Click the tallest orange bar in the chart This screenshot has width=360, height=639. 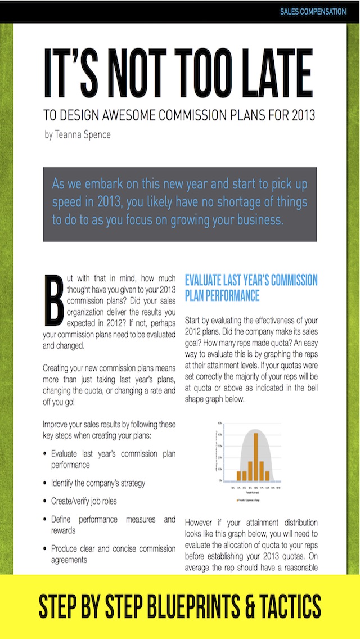pyautogui.click(x=255, y=456)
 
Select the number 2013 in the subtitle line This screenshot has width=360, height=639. pyautogui.click(x=303, y=116)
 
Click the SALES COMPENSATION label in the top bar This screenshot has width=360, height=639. pyautogui.click(x=313, y=11)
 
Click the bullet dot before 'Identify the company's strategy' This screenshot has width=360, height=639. pyautogui.click(x=45, y=483)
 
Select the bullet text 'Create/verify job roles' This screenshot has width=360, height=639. pyautogui.click(x=84, y=501)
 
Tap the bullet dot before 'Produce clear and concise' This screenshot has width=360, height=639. pyautogui.click(x=45, y=548)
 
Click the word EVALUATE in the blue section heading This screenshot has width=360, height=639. pyautogui.click(x=211, y=280)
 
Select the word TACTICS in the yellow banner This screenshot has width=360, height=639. pyautogui.click(x=288, y=606)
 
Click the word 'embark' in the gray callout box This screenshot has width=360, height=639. pyautogui.click(x=105, y=184)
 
